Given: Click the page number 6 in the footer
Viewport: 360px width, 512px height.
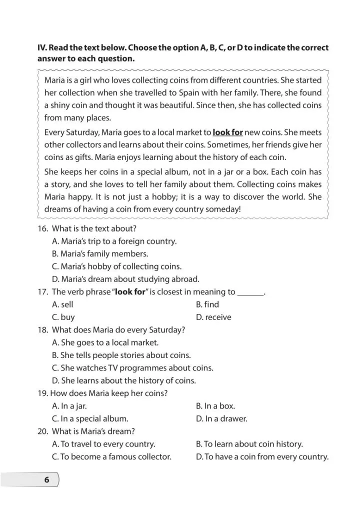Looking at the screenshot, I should coord(46,480).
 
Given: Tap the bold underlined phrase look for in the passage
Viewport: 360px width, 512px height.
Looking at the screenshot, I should coord(227,132).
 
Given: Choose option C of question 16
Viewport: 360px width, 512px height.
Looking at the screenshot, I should coord(116,266).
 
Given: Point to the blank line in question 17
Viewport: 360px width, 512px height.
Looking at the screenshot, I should coord(250,292).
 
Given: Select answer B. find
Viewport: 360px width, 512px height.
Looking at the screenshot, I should coord(207,304).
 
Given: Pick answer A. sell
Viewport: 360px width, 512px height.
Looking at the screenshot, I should coord(62,304).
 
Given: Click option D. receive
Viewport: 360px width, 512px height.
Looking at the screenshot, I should coord(213,317).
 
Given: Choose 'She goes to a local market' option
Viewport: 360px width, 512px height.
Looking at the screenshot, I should coord(105,342).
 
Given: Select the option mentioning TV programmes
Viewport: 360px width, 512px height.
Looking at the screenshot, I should coord(132,368).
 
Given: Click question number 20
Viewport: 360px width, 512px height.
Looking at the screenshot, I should coord(42,431).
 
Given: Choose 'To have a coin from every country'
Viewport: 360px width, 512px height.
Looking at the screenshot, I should coord(262,456).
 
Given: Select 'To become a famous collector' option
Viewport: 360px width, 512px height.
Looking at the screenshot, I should coord(111,456).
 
